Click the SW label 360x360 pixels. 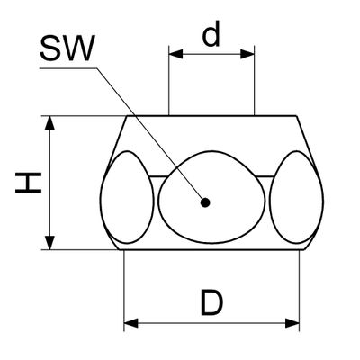(67, 49)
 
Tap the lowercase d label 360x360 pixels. (211, 33)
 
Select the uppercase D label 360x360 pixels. (211, 302)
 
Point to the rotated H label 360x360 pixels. (28, 183)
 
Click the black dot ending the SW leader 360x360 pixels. (205, 203)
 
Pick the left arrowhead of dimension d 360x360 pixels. (175, 54)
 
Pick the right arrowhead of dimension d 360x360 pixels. (247, 54)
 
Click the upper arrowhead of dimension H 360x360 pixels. (49, 122)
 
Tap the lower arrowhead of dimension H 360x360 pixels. (49, 243)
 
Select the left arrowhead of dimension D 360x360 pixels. (130, 323)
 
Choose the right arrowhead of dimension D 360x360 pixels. (292, 323)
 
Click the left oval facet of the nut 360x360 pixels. (127, 197)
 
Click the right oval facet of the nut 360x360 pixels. (296, 197)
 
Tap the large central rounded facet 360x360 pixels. (211, 197)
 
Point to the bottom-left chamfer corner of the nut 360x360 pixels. (120, 249)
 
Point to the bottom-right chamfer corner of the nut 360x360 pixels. (304, 249)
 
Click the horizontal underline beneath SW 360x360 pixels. (68, 68)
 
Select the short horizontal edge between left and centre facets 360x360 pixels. (157, 177)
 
